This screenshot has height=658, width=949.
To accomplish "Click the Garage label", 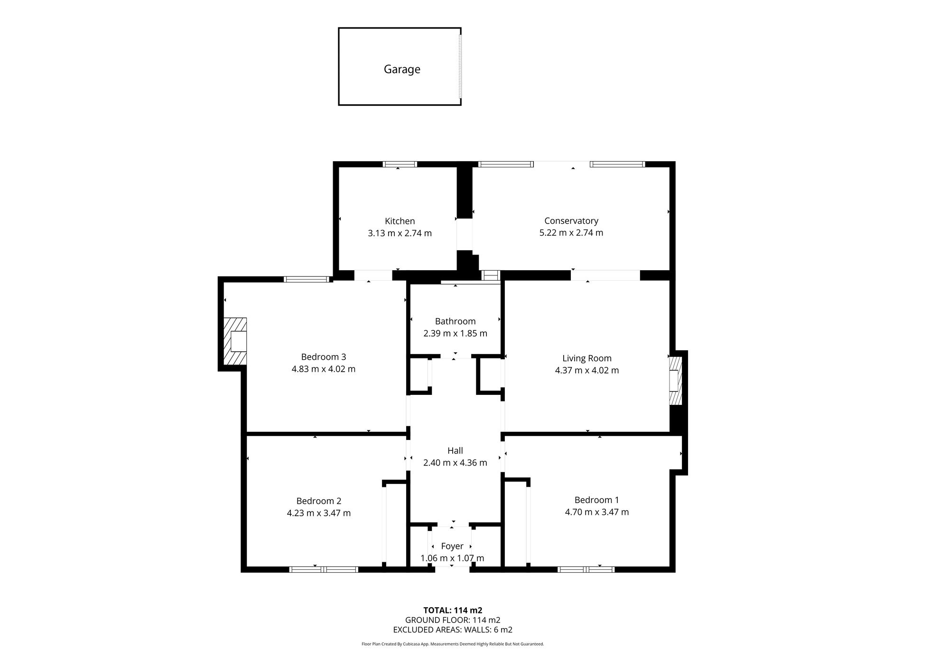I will (402, 69).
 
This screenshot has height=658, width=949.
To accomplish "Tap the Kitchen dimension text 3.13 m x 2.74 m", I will (400, 233).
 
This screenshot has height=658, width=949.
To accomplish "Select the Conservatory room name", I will (571, 220).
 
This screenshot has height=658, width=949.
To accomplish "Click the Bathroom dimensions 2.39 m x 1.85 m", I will (455, 333).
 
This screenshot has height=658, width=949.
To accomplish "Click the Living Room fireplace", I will (675, 380).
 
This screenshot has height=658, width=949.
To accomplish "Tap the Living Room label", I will (586, 358).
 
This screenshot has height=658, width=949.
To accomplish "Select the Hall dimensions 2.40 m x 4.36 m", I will (455, 463).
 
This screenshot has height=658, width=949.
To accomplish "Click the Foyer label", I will (452, 546).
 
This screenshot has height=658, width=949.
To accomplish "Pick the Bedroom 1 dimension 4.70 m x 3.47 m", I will (596, 512).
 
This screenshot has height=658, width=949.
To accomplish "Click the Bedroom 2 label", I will (318, 501).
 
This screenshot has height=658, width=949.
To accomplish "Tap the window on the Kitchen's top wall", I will (400, 164).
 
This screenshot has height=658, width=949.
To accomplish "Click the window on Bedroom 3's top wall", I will (307, 279).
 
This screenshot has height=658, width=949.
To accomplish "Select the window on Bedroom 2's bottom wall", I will (324, 569).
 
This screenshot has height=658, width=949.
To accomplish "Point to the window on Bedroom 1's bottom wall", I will (586, 569).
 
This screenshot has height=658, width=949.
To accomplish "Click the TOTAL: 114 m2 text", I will (453, 610).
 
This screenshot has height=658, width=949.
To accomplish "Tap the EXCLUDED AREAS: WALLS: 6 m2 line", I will (453, 630).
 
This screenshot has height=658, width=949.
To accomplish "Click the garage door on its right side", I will (460, 66).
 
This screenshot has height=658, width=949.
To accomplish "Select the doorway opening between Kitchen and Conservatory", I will (465, 234).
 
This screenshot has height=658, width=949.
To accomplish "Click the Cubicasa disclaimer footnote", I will (453, 644).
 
